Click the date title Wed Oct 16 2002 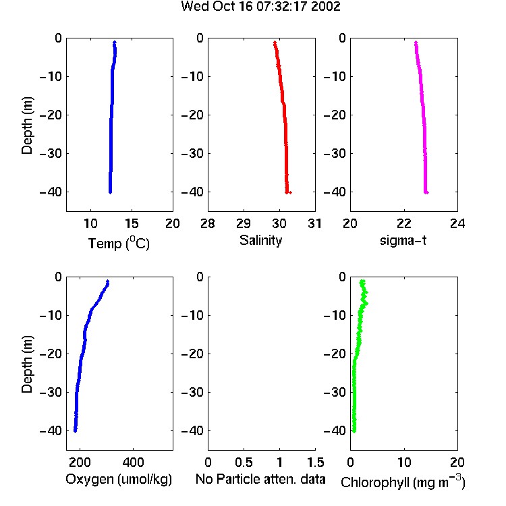(260, 7)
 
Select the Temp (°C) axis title (119, 243)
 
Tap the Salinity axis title (260, 240)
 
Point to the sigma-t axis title (403, 240)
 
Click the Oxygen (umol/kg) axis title (119, 479)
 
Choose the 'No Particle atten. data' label (260, 479)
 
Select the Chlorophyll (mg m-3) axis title (403, 482)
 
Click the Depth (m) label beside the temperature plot (28, 125)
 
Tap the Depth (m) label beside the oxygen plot (28, 364)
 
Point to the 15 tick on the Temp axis (132, 223)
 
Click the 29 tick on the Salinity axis (244, 223)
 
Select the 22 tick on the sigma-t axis (404, 223)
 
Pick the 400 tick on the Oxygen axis (133, 462)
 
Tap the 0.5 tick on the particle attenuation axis (244, 462)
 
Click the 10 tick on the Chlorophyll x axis (404, 462)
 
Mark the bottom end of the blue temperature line (110, 192)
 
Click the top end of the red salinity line (275, 43)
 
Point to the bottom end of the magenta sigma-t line (426, 192)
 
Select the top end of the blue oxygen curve (107, 281)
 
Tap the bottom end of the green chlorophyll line (354, 431)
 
